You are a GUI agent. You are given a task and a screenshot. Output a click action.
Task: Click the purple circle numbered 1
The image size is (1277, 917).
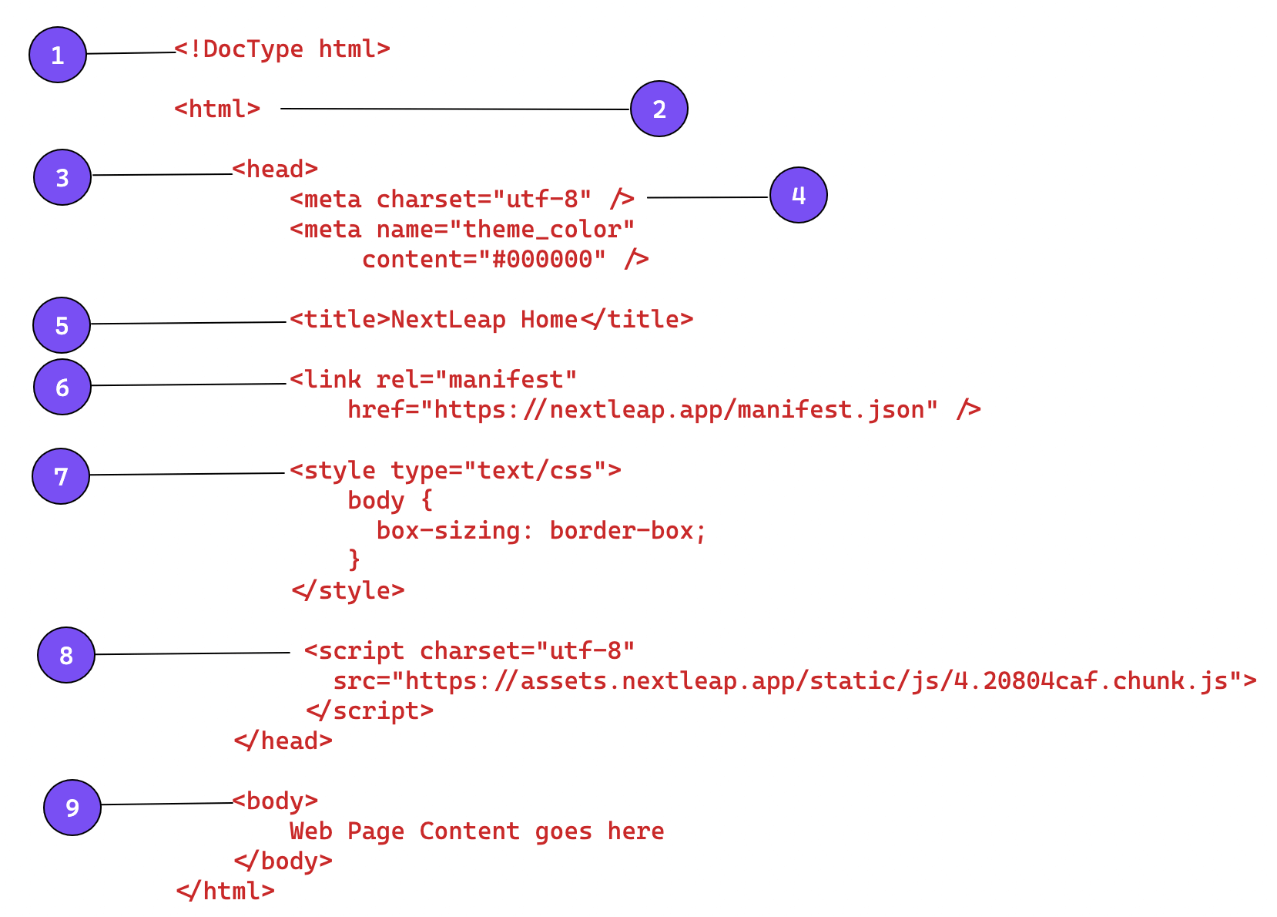tap(58, 55)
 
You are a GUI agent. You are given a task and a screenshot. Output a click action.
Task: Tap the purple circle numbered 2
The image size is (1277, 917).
tap(659, 109)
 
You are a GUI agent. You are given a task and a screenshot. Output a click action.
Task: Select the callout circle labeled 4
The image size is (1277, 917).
tap(799, 195)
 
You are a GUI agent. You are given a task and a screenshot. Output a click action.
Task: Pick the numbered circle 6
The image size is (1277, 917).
tap(62, 387)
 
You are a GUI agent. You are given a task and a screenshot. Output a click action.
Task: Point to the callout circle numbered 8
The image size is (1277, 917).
tap(66, 655)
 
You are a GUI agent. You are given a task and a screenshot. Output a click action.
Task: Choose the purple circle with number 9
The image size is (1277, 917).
tap(72, 808)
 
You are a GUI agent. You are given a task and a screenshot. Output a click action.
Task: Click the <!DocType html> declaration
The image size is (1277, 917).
tap(282, 49)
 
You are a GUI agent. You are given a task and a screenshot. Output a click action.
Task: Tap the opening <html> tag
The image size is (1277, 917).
tap(217, 109)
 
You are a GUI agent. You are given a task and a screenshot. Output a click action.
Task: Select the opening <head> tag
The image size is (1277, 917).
tap(275, 170)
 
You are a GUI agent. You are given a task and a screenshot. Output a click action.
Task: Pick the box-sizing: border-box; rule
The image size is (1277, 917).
tap(541, 531)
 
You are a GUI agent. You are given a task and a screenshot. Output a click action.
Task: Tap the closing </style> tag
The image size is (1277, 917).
tap(348, 591)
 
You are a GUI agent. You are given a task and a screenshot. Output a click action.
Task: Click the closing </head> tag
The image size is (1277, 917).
tap(283, 741)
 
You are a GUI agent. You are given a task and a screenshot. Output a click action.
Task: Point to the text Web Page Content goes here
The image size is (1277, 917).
tap(477, 831)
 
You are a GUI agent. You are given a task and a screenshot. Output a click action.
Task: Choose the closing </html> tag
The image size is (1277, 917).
tap(226, 892)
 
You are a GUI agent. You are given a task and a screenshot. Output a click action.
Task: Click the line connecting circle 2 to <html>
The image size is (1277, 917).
tap(454, 109)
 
